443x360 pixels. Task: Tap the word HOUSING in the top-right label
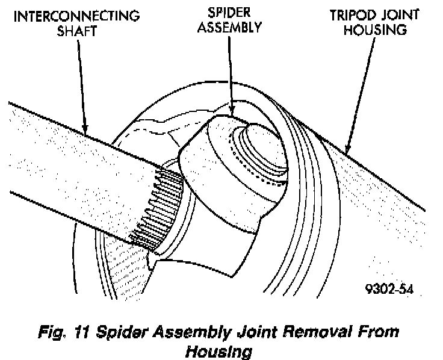point(374,30)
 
